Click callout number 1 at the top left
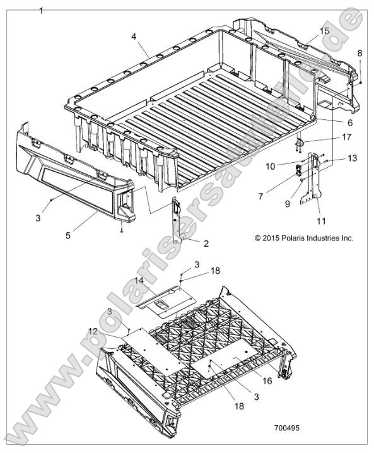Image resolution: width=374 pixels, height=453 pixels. (x=42, y=11)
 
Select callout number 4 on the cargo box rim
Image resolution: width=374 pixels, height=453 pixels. (x=134, y=37)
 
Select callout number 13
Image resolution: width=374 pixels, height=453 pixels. (x=334, y=158)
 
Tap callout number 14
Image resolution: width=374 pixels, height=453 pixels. (x=139, y=279)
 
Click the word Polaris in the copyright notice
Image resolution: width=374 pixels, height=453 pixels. (x=288, y=238)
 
